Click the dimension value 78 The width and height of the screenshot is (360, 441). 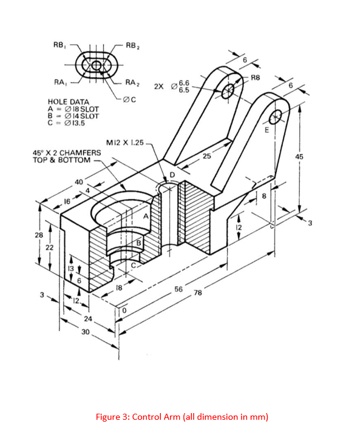pyautogui.click(x=197, y=293)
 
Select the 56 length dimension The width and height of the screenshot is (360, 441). pyautogui.click(x=179, y=289)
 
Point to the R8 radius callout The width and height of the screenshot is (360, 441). pyautogui.click(x=255, y=78)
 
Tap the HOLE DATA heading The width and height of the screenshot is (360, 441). pyautogui.click(x=68, y=102)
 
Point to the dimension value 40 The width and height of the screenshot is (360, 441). pyautogui.click(x=78, y=181)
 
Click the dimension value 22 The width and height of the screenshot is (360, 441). pyautogui.click(x=50, y=247)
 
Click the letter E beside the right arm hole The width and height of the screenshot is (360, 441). pyautogui.click(x=265, y=130)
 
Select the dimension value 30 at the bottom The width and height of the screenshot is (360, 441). pyautogui.click(x=86, y=332)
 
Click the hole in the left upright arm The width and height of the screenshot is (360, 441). pyautogui.click(x=228, y=92)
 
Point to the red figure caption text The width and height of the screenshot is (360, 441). pyautogui.click(x=182, y=417)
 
